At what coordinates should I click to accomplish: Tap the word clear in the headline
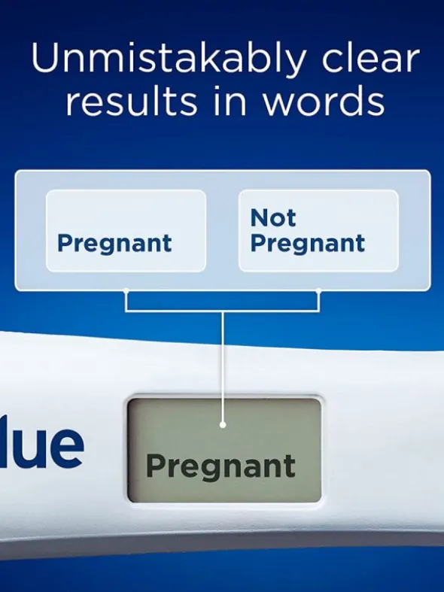(x=370, y=58)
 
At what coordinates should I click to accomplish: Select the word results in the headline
(x=132, y=101)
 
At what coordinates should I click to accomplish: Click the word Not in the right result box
(x=273, y=217)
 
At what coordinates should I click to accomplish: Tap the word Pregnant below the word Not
(x=308, y=244)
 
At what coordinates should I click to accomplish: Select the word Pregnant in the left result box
(x=114, y=244)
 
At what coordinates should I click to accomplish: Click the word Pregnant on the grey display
(x=220, y=466)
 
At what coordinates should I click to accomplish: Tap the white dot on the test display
(x=223, y=425)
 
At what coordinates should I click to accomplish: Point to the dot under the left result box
(x=126, y=290)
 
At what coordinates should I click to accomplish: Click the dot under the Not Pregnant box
(x=318, y=290)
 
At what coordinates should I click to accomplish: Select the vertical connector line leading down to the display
(x=223, y=367)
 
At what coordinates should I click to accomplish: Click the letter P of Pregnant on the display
(x=156, y=464)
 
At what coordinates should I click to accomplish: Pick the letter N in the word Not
(x=260, y=217)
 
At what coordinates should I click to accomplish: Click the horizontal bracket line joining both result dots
(x=223, y=311)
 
